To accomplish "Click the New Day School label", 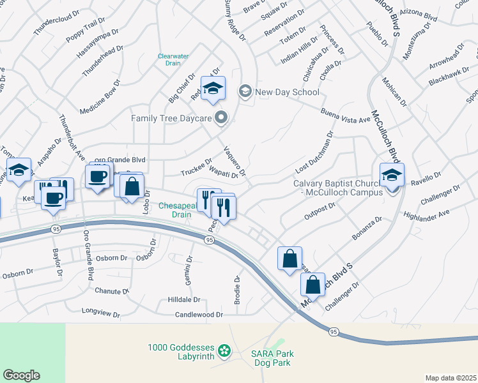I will pyautogui.click(x=287, y=92).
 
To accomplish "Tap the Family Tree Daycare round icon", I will pyautogui.click(x=221, y=117).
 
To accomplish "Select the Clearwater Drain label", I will pyautogui.click(x=173, y=60).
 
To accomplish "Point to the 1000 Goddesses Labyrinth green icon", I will pyautogui.click(x=224, y=350).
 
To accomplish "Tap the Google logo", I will pyautogui.click(x=21, y=375).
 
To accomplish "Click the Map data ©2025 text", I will pyautogui.click(x=451, y=378).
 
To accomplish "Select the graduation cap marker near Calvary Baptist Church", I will pyautogui.click(x=392, y=175).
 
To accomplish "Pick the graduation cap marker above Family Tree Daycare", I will pyautogui.click(x=213, y=89).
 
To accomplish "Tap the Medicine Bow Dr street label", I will pyautogui.click(x=100, y=98).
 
